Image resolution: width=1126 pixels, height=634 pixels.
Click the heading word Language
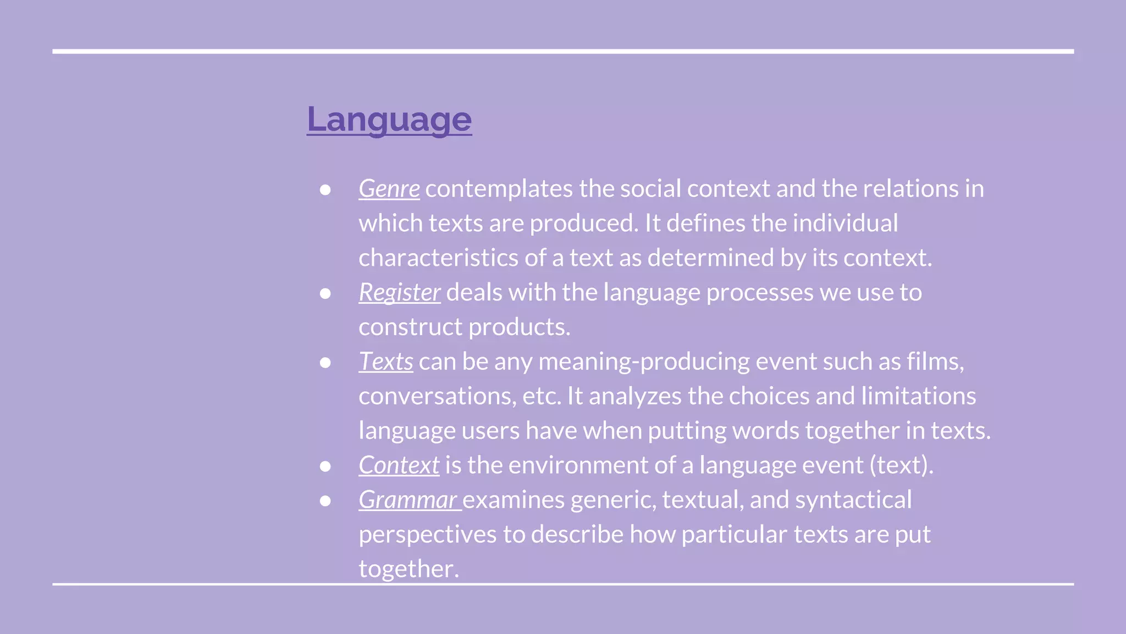coord(389,119)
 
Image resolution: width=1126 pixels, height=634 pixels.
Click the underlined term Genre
coord(389,189)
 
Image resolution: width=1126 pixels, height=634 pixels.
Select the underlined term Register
coord(399,292)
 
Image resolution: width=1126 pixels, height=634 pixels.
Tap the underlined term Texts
coord(386,362)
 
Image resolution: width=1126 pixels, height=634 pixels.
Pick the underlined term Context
coord(399,465)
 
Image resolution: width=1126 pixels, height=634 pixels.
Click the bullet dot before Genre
coord(325,190)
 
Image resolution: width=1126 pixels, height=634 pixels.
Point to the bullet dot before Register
coord(325,293)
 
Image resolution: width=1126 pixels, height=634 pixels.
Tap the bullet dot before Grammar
coord(325,501)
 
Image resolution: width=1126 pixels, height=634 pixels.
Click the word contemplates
coord(499,189)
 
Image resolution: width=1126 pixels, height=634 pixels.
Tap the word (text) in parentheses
coord(901,465)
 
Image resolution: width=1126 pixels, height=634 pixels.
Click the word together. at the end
coord(409,569)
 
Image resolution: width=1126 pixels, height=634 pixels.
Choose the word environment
coord(578,465)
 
